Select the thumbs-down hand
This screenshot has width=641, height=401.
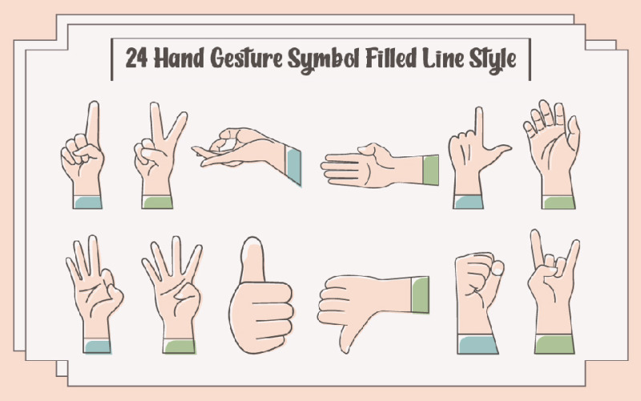(361, 309)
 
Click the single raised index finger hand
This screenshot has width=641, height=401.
(85, 156)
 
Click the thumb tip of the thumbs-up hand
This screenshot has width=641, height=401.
(253, 253)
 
